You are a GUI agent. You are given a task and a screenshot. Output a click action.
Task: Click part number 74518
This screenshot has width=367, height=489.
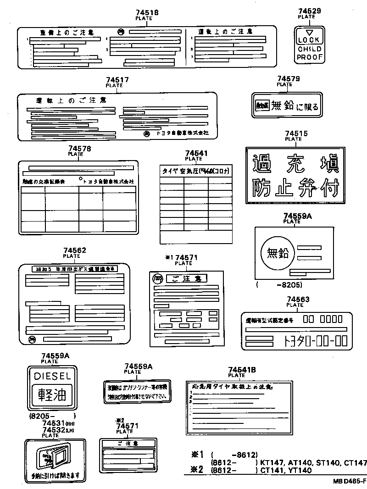[x=147, y=13]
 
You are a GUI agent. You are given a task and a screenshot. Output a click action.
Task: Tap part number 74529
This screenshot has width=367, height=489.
[x=309, y=11]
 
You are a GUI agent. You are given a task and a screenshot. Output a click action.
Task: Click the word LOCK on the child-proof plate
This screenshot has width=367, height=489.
[x=309, y=40]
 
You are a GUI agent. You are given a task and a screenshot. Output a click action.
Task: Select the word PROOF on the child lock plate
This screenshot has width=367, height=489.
[x=310, y=57]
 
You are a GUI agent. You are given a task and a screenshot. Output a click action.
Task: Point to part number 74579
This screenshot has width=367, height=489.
[x=288, y=79]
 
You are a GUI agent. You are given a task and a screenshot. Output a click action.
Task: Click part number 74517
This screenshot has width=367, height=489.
[x=117, y=80]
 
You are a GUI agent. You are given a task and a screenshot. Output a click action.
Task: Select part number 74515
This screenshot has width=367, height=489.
[x=296, y=133]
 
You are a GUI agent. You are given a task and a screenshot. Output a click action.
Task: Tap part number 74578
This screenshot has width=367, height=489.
[x=79, y=149]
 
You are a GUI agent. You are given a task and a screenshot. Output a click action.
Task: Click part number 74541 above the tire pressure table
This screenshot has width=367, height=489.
[x=196, y=153]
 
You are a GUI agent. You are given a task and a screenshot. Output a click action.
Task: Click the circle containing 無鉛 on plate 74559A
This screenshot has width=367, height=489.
[x=275, y=252]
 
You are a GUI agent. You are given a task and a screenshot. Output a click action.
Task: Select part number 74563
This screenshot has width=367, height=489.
[x=298, y=300]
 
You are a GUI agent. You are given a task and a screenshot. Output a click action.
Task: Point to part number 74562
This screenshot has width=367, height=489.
[x=75, y=250]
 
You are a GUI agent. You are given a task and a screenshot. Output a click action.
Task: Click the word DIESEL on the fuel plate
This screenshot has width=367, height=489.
[x=51, y=376]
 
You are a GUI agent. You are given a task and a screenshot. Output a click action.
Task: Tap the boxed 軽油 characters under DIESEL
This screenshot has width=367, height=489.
[x=51, y=394]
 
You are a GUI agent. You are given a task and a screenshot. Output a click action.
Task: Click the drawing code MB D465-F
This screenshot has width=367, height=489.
[x=350, y=482]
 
